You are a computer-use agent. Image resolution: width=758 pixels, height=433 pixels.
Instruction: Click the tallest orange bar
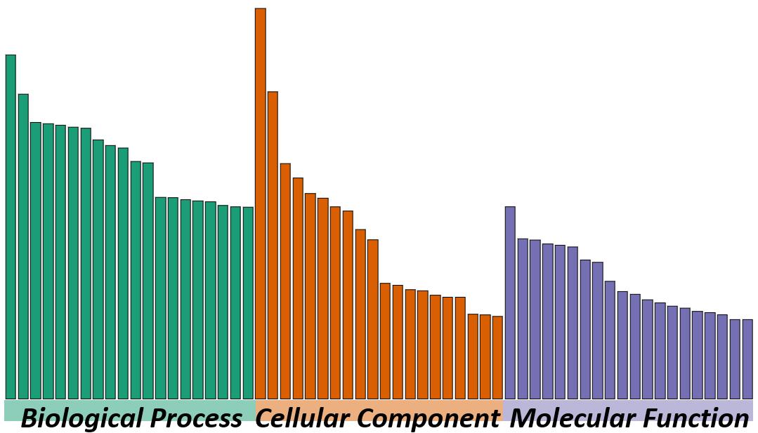(x=260, y=204)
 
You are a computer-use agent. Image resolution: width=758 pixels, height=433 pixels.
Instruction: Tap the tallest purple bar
(x=510, y=302)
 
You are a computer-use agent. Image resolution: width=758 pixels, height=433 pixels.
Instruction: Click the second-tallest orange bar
(x=273, y=245)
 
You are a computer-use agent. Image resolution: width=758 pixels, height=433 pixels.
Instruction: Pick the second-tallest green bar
(x=23, y=246)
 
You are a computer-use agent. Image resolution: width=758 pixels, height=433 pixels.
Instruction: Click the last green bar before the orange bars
(x=248, y=302)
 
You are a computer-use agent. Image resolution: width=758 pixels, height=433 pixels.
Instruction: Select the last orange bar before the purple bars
(x=497, y=357)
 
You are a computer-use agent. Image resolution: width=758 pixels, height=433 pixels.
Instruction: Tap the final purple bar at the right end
(x=747, y=359)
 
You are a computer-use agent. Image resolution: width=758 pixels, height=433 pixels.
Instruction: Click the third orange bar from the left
(x=285, y=281)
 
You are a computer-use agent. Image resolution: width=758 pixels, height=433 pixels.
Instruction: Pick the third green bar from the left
(x=35, y=260)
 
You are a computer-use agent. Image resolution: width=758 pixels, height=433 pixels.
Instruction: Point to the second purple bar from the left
(x=523, y=319)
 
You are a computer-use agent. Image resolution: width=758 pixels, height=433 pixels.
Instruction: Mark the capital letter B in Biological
(x=30, y=419)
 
